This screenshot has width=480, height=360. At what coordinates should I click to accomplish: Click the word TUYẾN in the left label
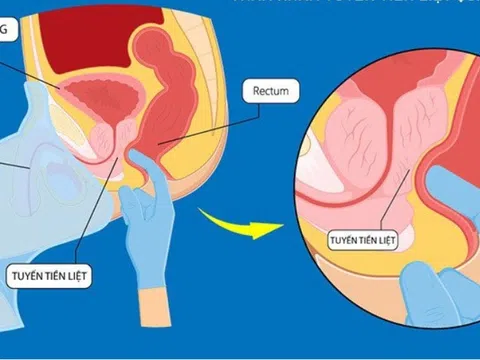click(x=27, y=273)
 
